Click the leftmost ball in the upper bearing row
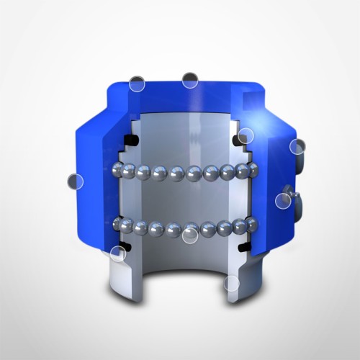pyautogui.click(x=120, y=170)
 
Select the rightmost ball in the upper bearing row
pyautogui.click(x=252, y=170)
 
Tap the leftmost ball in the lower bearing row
pyautogui.click(x=121, y=225)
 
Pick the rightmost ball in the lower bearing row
pyautogui.click(x=251, y=225)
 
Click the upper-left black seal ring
pyautogui.click(x=131, y=139)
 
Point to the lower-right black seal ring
pyautogui.click(x=243, y=247)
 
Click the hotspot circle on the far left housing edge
pyautogui.click(x=73, y=181)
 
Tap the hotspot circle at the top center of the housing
pyautogui.click(x=190, y=80)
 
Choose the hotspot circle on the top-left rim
pyautogui.click(x=137, y=84)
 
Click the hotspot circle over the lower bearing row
pyautogui.click(x=191, y=234)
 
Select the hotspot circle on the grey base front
pyautogui.click(x=231, y=283)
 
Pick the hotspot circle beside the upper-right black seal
pyautogui.click(x=246, y=135)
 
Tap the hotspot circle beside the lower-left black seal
pyautogui.click(x=117, y=253)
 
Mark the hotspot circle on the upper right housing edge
pyautogui.click(x=297, y=146)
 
